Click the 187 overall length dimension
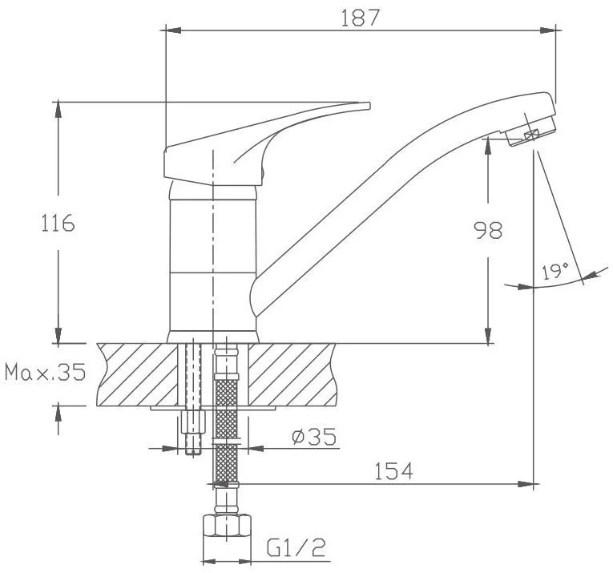tap(360, 18)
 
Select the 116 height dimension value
tap(58, 223)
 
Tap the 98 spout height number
tap(488, 230)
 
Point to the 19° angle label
tap(555, 271)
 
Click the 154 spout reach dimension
tap(393, 471)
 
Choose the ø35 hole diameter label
tap(314, 437)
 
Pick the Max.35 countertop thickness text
tap(45, 372)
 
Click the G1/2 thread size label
tap(296, 547)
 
